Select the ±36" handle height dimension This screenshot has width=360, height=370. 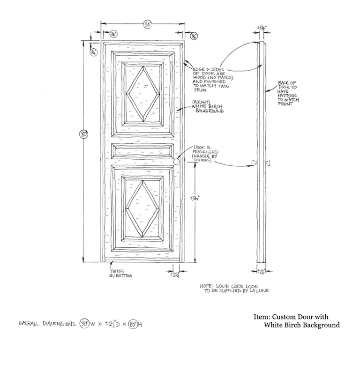click(x=195, y=198)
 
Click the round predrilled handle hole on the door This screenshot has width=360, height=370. click(x=177, y=161)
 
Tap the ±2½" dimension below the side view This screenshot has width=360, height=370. click(x=261, y=270)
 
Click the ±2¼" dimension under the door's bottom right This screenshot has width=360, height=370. click(x=176, y=274)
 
